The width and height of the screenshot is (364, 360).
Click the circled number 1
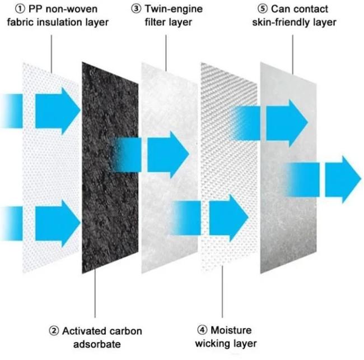click(20, 9)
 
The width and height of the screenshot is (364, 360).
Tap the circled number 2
click(54, 331)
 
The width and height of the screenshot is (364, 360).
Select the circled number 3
click(136, 9)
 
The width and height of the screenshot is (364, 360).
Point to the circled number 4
click(202, 330)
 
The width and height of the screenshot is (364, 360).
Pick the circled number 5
click(263, 9)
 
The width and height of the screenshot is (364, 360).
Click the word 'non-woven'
click(72, 9)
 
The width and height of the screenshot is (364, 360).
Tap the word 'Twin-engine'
click(174, 10)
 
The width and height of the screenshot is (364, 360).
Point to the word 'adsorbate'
click(97, 344)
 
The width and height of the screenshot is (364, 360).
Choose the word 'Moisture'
click(231, 330)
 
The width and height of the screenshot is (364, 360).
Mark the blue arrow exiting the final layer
click(323, 179)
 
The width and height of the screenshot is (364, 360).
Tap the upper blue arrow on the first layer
click(40, 111)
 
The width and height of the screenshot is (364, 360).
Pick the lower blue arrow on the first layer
click(40, 223)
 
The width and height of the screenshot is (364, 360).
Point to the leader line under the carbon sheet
click(95, 293)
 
